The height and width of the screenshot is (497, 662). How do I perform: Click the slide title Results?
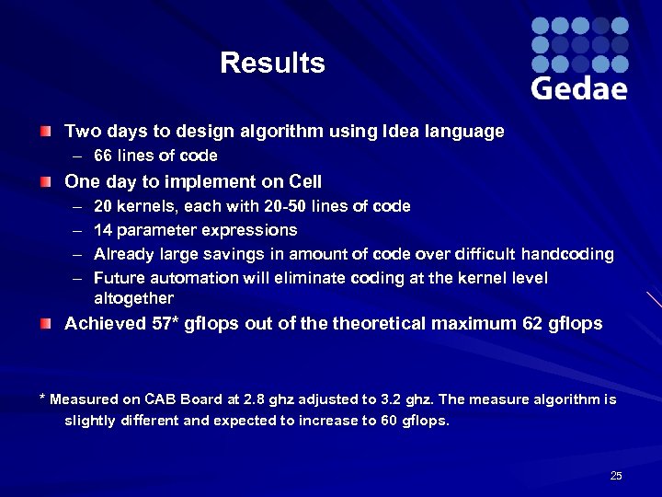tap(272, 64)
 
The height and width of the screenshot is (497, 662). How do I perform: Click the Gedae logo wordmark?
tap(579, 88)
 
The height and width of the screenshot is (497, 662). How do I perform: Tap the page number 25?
tap(616, 476)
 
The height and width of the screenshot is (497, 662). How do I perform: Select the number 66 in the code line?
tap(104, 156)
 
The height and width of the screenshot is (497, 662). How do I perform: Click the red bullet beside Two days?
tap(45, 132)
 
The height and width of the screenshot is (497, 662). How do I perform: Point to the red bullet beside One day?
tap(45, 182)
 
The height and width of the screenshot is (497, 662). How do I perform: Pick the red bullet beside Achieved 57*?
tap(45, 323)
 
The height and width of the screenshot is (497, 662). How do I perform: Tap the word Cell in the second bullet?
tap(303, 182)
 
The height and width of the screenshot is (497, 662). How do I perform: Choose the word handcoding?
tap(567, 254)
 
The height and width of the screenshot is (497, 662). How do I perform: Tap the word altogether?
tap(133, 298)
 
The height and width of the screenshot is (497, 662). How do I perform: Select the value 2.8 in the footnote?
tap(255, 399)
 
